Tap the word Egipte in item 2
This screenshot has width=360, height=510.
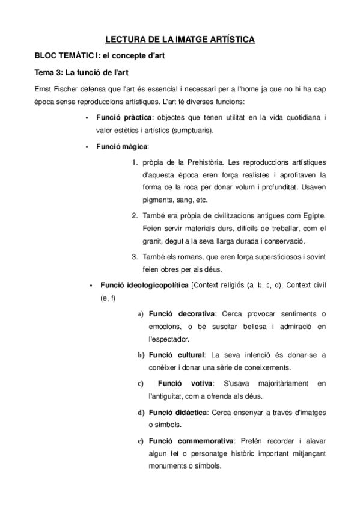pyautogui.click(x=313, y=216)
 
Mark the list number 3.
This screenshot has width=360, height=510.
pyautogui.click(x=135, y=257)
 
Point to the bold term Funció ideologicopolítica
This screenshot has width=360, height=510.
pyautogui.click(x=144, y=285)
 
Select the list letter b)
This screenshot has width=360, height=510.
pyautogui.click(x=141, y=355)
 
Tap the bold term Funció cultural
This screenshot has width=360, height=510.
pyautogui.click(x=177, y=355)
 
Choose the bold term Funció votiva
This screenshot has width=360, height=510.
pyautogui.click(x=184, y=383)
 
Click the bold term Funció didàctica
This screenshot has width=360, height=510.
pyautogui.click(x=177, y=412)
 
